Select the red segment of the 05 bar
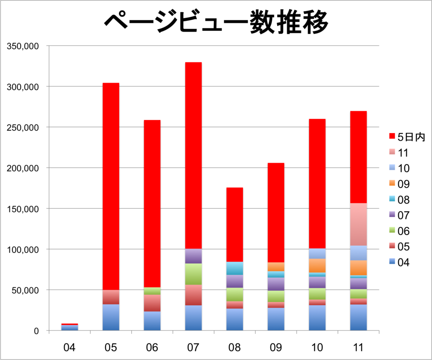(111, 185)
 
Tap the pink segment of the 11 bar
(358, 224)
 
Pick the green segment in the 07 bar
(193, 274)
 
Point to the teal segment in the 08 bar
(234, 268)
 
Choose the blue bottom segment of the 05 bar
(111, 317)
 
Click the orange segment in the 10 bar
(317, 266)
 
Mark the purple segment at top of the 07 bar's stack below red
(193, 256)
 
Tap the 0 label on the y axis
(37, 331)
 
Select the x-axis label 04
(69, 348)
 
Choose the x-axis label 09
(276, 348)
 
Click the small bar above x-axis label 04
(69, 327)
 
